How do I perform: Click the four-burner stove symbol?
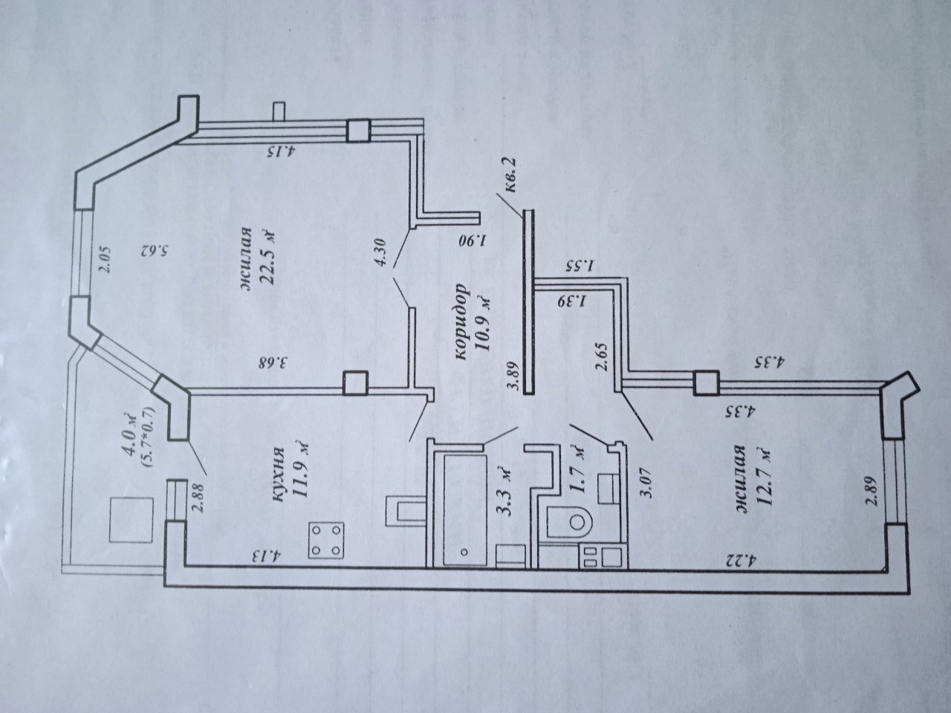(x=326, y=539)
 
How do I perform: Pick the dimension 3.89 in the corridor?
(x=515, y=377)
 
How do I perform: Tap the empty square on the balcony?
(x=132, y=520)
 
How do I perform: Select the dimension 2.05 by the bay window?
(x=105, y=260)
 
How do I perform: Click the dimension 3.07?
(x=648, y=488)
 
